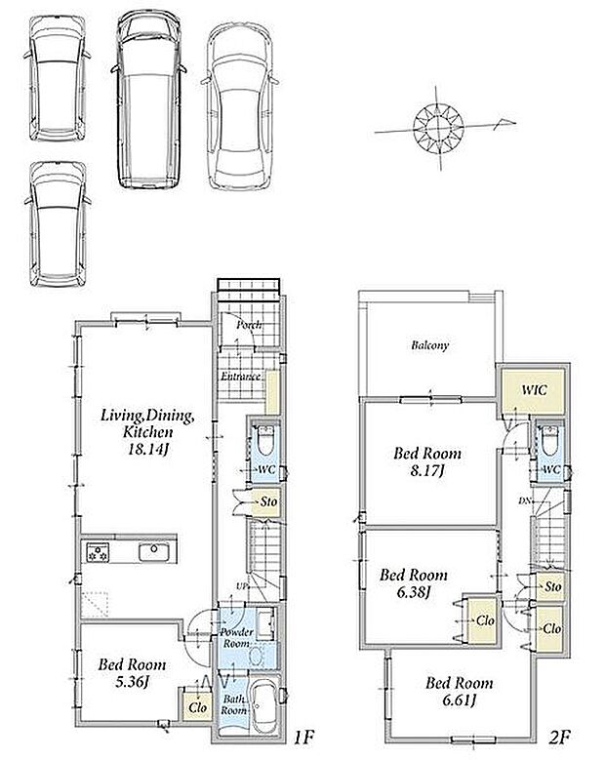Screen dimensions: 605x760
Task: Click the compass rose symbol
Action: [439, 128]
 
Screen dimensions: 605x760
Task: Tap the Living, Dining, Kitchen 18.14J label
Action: [147, 432]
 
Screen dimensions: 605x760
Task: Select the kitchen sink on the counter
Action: [154, 552]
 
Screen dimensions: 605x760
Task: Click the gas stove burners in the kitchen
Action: [98, 552]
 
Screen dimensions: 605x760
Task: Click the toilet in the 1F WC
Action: [264, 440]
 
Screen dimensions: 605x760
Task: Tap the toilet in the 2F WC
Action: [549, 440]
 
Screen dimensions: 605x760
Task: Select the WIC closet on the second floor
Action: [533, 391]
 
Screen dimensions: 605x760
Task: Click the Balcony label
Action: [429, 345]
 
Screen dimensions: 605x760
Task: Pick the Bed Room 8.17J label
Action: [427, 461]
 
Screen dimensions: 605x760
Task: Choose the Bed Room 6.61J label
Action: [459, 692]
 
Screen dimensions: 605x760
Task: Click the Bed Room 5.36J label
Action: [132, 672]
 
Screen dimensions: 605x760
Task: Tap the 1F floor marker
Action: [304, 738]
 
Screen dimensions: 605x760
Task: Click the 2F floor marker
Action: [560, 738]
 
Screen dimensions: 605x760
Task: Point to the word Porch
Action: [249, 325]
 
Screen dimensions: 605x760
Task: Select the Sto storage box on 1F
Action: [266, 501]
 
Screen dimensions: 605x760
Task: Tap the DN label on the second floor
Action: [524, 501]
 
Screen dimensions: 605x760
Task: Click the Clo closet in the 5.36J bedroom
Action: [198, 707]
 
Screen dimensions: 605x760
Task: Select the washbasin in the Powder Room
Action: [256, 657]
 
